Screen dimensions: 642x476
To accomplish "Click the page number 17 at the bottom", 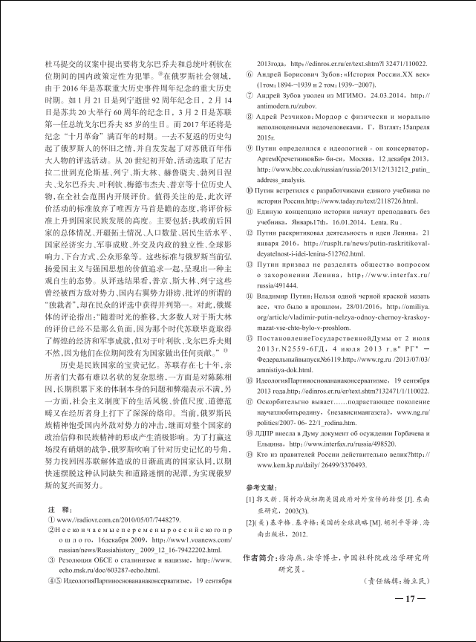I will coord(410,600).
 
